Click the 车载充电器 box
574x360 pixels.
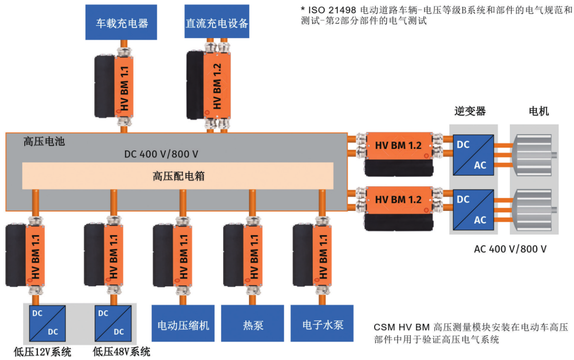[121, 22]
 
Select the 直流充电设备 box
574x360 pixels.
[217, 22]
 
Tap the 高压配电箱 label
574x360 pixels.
[178, 176]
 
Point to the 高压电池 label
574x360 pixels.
[44, 142]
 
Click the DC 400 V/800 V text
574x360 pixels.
[161, 154]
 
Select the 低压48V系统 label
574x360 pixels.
[121, 352]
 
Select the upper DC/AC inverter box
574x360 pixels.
[473, 154]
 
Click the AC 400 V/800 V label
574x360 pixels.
[510, 249]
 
